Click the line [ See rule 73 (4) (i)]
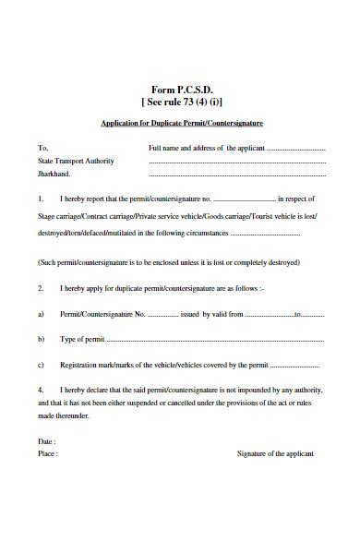pos(182,102)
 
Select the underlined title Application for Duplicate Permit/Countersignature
pos(181,123)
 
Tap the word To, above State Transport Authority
pos(42,148)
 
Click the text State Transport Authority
pos(76,161)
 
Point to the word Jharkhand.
pos(54,174)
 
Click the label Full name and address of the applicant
pos(207,148)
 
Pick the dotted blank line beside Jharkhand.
pos(236,174)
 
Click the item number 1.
pos(41,199)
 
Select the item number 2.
pos(41,288)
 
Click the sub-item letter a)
pos(42,314)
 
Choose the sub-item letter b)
pos(42,340)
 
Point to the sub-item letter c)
pos(42,366)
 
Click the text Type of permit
pos(83,340)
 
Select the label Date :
pos(47,441)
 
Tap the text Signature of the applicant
pos(275,454)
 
